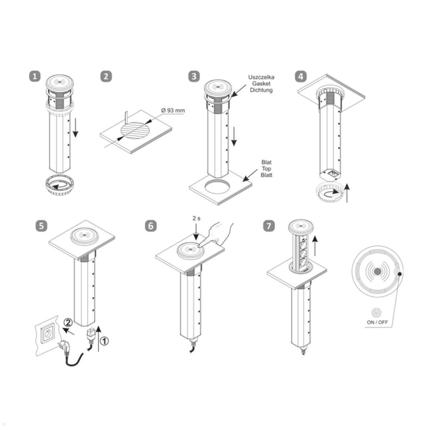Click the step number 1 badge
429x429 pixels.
pyautogui.click(x=35, y=76)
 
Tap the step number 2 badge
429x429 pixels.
pyautogui.click(x=106, y=76)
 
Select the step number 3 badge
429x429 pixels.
pyautogui.click(x=194, y=76)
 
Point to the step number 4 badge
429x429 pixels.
pyautogui.click(x=301, y=76)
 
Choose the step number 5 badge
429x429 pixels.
pyautogui.click(x=41, y=226)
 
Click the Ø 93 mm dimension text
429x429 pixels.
pyautogui.click(x=173, y=110)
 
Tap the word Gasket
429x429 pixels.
pyautogui.click(x=261, y=83)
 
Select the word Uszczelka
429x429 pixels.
pyautogui.click(x=261, y=77)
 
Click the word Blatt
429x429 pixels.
pyautogui.click(x=266, y=175)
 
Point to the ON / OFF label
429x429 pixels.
pyautogui.click(x=377, y=322)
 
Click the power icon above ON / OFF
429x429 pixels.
pyautogui.click(x=376, y=312)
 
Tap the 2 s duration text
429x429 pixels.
pyautogui.click(x=196, y=218)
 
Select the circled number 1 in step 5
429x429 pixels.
pyautogui.click(x=104, y=341)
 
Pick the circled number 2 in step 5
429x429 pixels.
pyautogui.click(x=68, y=322)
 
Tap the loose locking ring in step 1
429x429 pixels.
pyautogui.click(x=60, y=187)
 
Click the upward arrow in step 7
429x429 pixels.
pyautogui.click(x=315, y=246)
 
